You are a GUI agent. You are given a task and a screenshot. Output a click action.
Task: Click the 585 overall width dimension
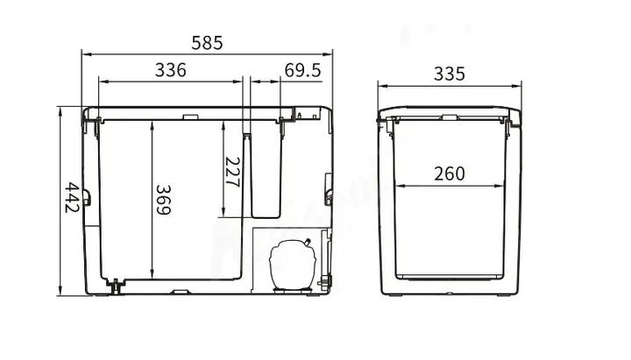pos(207,43)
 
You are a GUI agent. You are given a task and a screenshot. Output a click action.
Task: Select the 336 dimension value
pos(171,70)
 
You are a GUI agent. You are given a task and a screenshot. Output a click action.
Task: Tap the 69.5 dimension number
pos(302,70)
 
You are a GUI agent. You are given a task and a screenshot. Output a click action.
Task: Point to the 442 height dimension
pos(72,197)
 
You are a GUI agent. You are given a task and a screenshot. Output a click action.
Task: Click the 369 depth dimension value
pos(163,200)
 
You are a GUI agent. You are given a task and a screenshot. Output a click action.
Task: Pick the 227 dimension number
pos(232,173)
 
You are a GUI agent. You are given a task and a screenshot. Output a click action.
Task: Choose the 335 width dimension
pos(449,74)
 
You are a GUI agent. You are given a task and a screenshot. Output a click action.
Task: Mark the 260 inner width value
pos(450,173)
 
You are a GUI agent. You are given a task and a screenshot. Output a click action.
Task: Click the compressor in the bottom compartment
pos(293,264)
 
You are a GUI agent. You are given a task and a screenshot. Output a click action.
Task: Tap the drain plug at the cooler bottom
pos(116,286)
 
